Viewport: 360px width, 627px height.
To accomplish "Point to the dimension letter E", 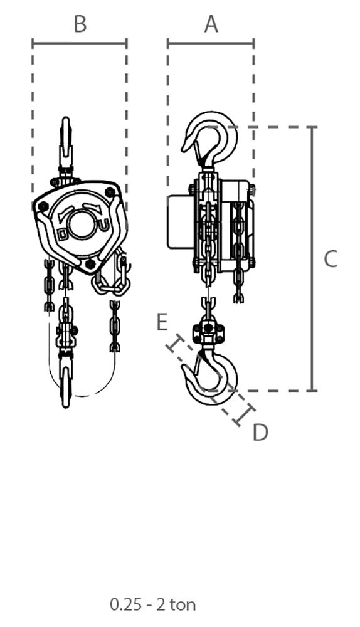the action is tap(162, 322).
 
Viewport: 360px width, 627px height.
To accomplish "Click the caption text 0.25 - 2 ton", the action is tap(153, 604).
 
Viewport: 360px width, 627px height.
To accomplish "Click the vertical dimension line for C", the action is tap(312, 259).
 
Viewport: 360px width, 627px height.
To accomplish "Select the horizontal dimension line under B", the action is tap(80, 43).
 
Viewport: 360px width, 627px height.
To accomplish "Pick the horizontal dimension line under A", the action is tap(211, 43).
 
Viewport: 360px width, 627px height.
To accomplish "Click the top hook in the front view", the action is tap(66, 140).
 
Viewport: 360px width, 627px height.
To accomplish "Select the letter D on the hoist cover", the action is tap(62, 233).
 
